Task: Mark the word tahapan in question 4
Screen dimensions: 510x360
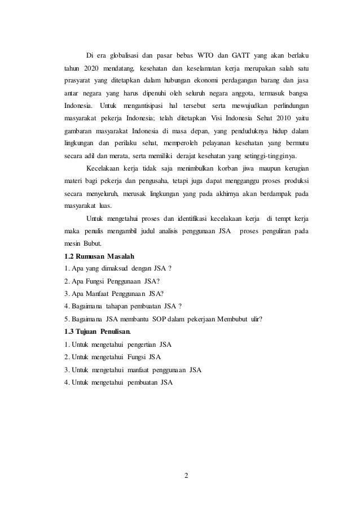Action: tap(120, 306)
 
